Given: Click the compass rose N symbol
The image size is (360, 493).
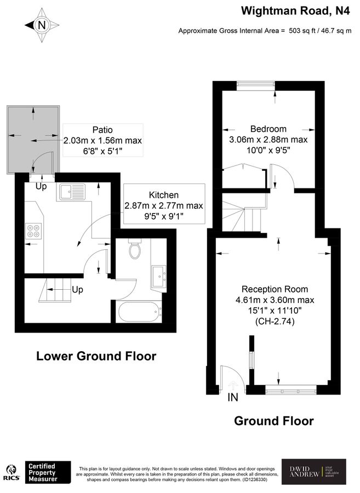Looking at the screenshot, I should pyautogui.click(x=41, y=25).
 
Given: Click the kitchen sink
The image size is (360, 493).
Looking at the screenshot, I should pyautogui.click(x=72, y=192).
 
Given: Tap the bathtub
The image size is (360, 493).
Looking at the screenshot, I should pyautogui.click(x=139, y=313).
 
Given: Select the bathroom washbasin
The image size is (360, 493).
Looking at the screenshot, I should pyautogui.click(x=160, y=275).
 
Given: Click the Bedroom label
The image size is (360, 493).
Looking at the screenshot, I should pyautogui.click(x=268, y=129).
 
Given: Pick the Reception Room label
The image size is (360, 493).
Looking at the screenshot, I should pyautogui.click(x=275, y=289).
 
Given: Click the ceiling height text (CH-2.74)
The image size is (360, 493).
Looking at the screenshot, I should pyautogui.click(x=275, y=322).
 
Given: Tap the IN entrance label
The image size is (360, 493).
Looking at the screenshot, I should pyautogui.click(x=233, y=398).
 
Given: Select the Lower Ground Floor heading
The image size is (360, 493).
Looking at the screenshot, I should pyautogui.click(x=96, y=356).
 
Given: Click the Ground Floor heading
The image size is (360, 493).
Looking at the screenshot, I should pyautogui.click(x=273, y=421).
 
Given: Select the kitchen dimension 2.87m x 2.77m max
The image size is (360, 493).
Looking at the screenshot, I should pyautogui.click(x=164, y=206).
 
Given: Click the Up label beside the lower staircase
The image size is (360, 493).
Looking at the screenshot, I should pyautogui.click(x=78, y=289).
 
